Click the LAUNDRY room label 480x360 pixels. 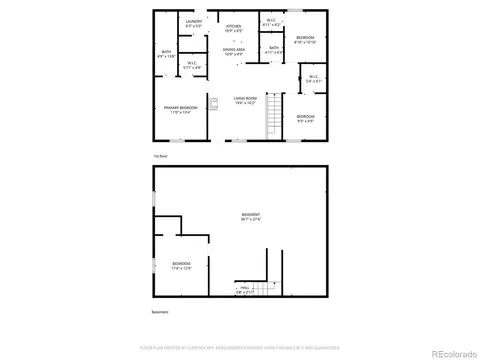click(194, 22)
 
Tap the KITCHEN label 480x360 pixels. click(233, 28)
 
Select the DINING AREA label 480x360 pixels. click(234, 51)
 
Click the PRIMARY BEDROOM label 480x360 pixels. click(181, 109)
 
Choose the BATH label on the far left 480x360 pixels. click(167, 54)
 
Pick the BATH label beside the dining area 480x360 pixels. click(274, 49)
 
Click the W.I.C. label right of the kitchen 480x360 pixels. click(271, 22)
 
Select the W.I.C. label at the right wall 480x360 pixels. click(313, 78)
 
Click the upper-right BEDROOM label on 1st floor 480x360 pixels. click(305, 40)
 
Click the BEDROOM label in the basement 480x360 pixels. click(181, 266)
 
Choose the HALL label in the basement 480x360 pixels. click(245, 290)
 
